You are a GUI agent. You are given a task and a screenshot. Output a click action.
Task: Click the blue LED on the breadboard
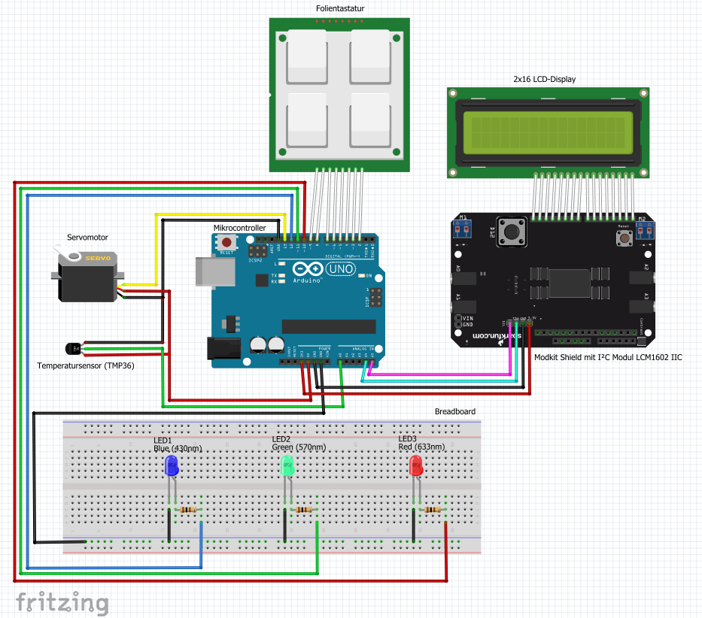point(172,465)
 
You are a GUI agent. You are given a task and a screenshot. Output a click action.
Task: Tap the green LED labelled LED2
point(287,466)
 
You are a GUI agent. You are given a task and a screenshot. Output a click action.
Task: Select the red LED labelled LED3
point(415,466)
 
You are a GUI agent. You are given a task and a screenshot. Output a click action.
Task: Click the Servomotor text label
point(87,237)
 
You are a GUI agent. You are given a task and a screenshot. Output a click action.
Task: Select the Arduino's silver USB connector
point(208,271)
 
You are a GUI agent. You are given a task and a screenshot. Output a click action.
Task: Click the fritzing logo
point(62,602)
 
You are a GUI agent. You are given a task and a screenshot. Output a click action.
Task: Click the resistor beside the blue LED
point(190,510)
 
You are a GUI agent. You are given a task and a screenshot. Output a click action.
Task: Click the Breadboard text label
point(454,411)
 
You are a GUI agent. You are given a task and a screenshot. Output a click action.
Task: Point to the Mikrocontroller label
point(240,227)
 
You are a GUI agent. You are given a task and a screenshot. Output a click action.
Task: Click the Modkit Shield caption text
point(607,358)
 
